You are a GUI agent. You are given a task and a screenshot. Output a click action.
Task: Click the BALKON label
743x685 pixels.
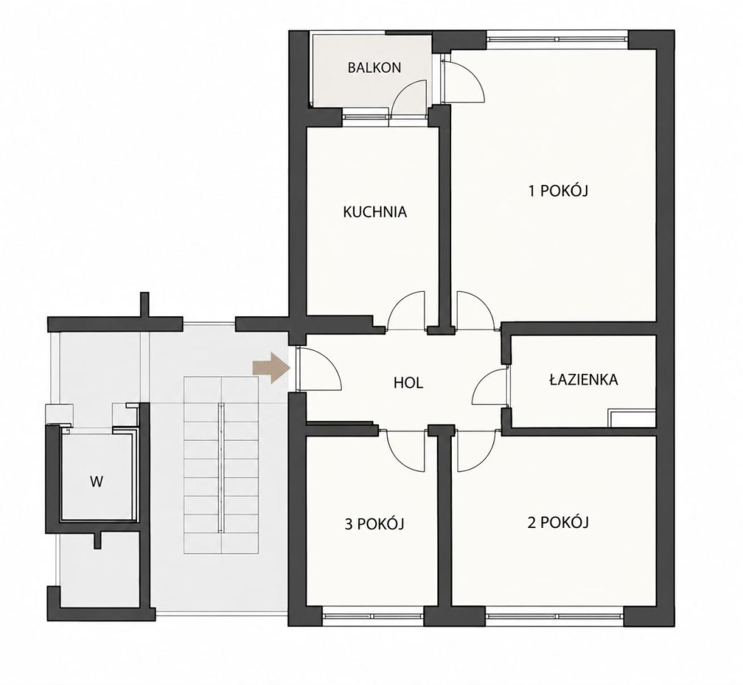coord(374,68)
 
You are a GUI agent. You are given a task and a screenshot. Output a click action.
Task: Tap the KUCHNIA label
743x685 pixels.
coord(375,212)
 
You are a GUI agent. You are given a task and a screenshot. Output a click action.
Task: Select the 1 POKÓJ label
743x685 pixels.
coord(558,191)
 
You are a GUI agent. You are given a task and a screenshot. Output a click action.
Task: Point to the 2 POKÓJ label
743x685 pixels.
coord(558,522)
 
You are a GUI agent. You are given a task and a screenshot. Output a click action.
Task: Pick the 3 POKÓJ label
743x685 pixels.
coord(374,524)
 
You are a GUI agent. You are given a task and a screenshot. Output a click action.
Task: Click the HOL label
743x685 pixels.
coord(408,382)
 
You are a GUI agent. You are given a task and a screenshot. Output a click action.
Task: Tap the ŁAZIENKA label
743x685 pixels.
coord(583,380)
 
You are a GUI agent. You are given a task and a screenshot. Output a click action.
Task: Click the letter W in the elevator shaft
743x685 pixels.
coord(96,482)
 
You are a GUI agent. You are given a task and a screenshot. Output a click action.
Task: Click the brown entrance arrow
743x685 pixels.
coord(271,367)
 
